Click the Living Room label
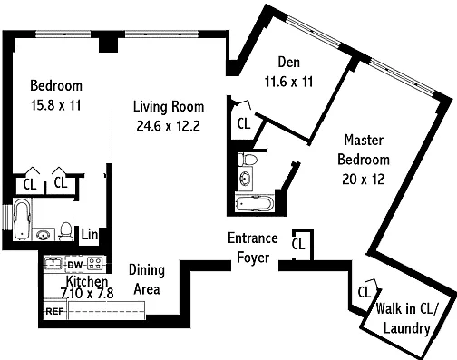[169, 107]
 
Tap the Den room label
[289, 63]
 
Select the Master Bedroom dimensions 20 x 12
[364, 180]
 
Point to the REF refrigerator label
[54, 311]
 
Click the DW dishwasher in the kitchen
[74, 265]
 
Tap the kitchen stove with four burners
[95, 263]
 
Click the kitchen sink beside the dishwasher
[53, 263]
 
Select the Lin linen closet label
[90, 235]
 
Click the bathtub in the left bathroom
[22, 219]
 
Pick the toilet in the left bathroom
[66, 231]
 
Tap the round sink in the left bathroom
[44, 235]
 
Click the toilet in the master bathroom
[248, 160]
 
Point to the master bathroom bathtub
[255, 204]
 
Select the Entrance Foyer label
[253, 248]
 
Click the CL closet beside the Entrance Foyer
[298, 244]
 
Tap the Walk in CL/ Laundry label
[406, 318]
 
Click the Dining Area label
[147, 279]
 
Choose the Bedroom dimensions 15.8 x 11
[56, 105]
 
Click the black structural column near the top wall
[108, 44]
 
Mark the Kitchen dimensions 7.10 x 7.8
[87, 293]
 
